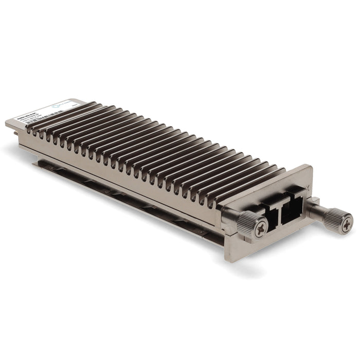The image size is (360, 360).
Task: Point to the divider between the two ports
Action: click(x=279, y=210)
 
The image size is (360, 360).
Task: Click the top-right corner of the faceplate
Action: click(x=310, y=166)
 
